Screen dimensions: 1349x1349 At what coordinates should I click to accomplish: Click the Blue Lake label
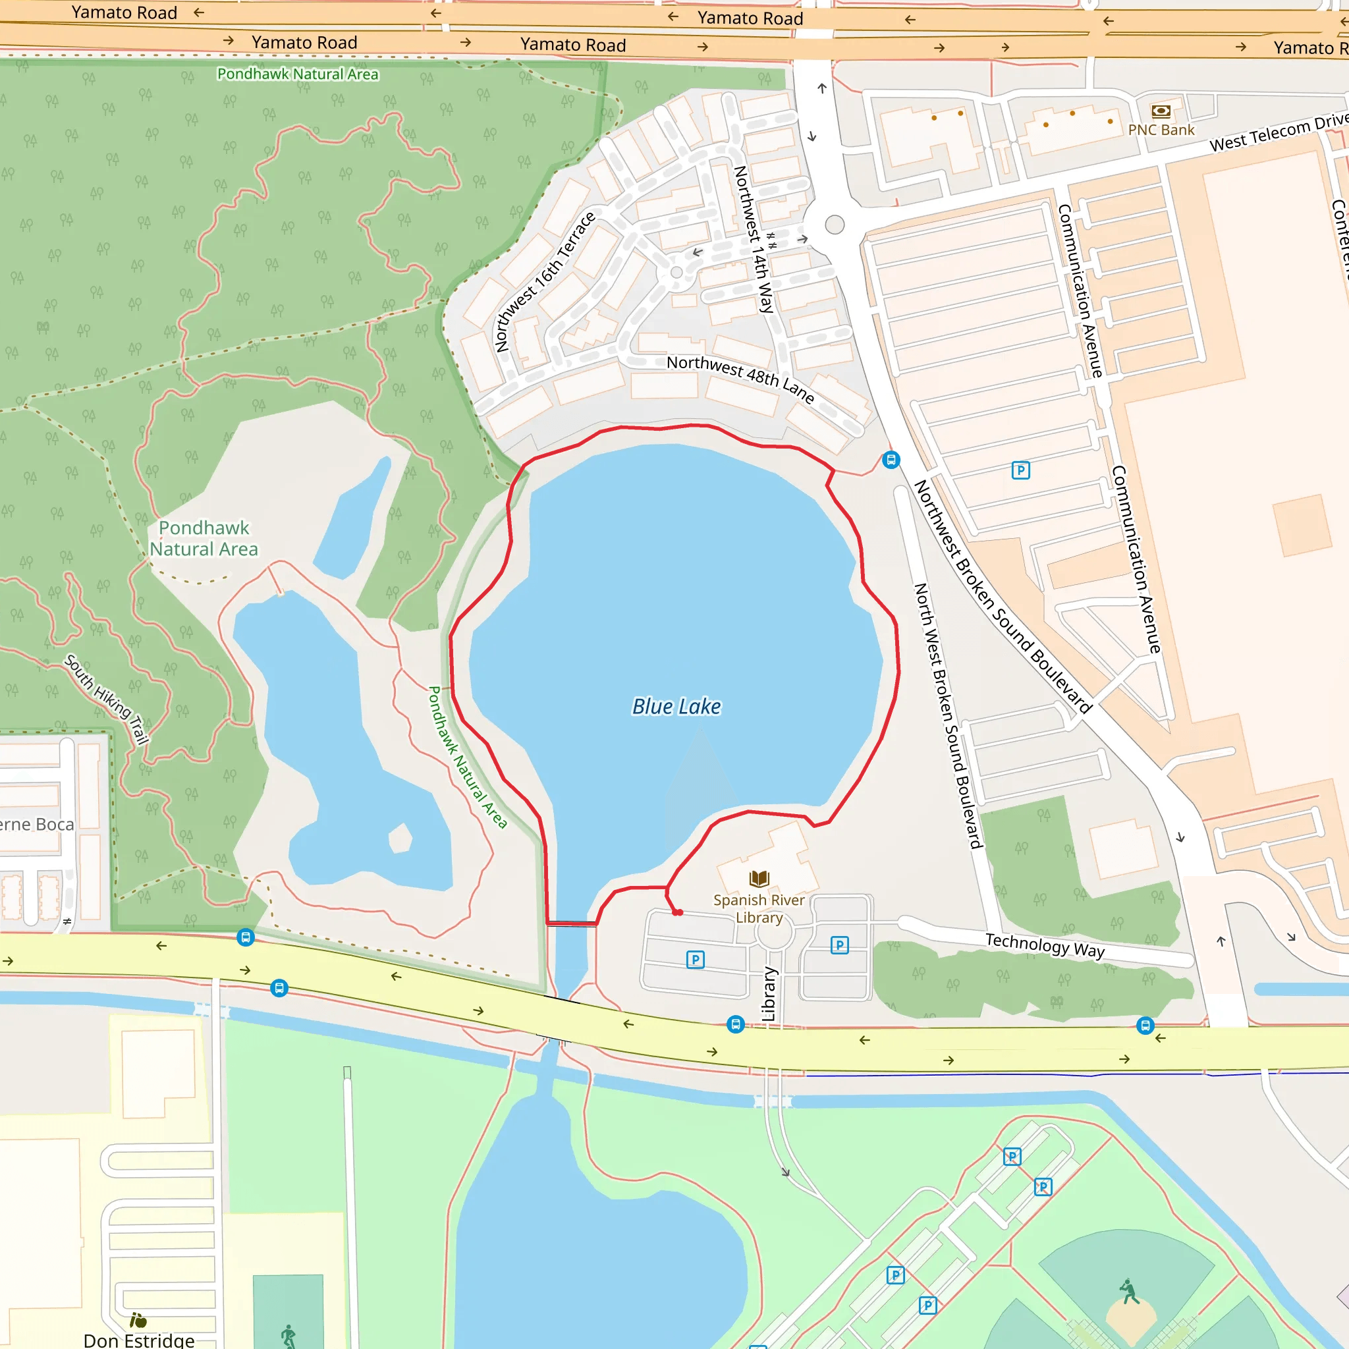676,707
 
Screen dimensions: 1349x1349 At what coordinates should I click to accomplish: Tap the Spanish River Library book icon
759,879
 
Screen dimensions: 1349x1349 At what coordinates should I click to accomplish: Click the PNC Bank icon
1161,111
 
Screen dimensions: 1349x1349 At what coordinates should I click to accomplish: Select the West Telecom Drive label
1278,132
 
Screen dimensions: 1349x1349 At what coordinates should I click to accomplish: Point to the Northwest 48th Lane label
740,379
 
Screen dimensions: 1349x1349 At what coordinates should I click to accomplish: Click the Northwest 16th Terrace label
545,281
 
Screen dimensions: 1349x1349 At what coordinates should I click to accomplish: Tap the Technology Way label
1045,945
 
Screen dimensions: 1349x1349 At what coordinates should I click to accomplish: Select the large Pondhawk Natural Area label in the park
204,538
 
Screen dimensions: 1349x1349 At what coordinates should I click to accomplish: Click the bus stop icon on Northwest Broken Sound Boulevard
891,460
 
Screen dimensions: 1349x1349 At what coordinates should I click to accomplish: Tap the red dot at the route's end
678,912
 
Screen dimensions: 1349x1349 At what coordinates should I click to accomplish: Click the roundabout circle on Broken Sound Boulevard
835,225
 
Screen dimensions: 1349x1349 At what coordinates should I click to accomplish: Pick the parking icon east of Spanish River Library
839,945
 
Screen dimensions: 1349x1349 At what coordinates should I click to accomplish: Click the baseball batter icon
1129,1292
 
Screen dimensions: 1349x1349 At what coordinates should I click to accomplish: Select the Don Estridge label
139,1340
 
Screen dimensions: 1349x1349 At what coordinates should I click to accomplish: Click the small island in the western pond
400,838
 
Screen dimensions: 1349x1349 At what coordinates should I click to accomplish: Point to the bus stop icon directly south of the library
735,1024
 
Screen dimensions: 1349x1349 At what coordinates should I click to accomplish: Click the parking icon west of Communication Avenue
1020,470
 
